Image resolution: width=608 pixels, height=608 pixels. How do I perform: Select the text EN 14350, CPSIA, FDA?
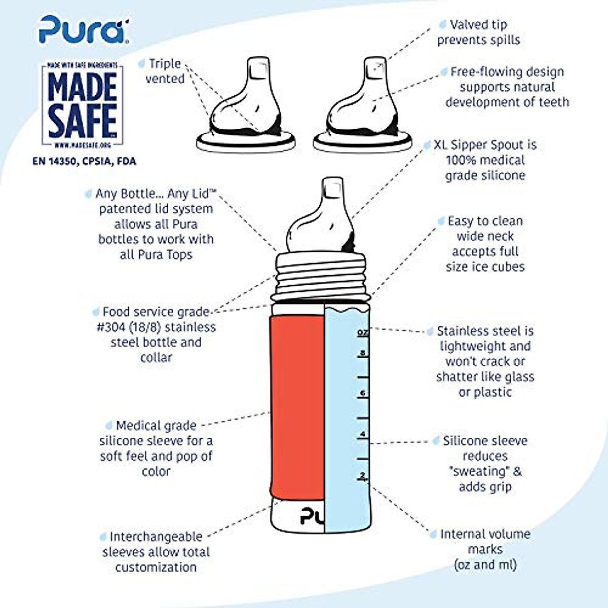[x=84, y=161]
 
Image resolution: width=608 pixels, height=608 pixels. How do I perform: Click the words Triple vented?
[x=164, y=71]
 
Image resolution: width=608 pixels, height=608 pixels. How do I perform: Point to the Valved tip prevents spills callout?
[x=478, y=32]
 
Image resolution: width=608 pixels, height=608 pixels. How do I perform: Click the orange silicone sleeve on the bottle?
[x=297, y=405]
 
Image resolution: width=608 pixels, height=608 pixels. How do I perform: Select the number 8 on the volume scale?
[x=362, y=353]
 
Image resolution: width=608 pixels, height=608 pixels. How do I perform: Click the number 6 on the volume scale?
[x=362, y=393]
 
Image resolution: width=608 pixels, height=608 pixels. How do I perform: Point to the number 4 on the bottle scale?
[x=362, y=434]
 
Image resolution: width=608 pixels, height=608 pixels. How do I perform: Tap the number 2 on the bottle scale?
[x=362, y=475]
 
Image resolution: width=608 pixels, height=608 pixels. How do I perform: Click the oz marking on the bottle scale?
[x=362, y=332]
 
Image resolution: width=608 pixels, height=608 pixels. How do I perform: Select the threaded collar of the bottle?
[x=320, y=276]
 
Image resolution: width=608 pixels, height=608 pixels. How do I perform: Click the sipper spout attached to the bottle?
[x=320, y=218]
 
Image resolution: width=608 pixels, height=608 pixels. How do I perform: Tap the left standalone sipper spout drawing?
[x=247, y=109]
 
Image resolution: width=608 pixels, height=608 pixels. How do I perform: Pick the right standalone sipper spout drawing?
[x=363, y=109]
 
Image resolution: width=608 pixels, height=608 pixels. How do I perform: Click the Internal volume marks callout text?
[x=485, y=549]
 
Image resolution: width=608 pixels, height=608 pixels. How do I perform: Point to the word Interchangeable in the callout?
[x=156, y=537]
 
